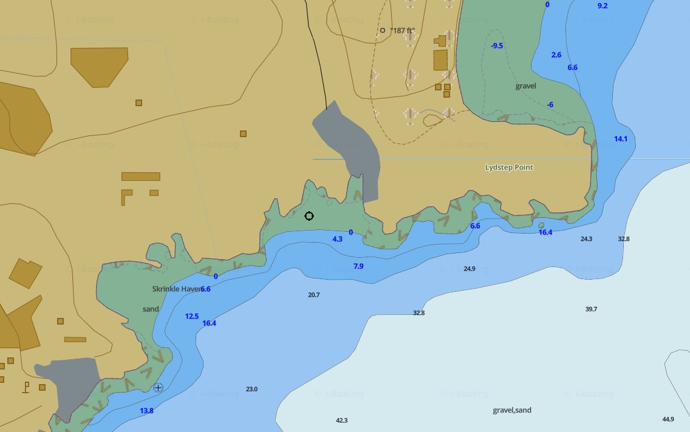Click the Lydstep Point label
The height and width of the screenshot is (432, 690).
tap(509, 167)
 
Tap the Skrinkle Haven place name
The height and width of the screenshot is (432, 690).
tap(176, 289)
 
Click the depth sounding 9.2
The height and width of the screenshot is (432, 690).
tap(602, 5)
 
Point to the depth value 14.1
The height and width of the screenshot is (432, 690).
tap(620, 139)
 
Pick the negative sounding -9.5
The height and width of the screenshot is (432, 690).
tap(497, 46)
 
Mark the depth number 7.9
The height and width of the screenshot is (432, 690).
tap(358, 266)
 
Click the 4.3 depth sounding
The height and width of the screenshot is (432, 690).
tap(337, 239)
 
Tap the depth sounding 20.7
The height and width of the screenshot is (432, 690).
tap(313, 295)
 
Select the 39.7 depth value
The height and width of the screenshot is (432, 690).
tap(591, 309)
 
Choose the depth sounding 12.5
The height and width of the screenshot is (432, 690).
tap(192, 316)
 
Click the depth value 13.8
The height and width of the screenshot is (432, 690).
tap(146, 411)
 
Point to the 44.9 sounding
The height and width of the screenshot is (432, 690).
tap(668, 419)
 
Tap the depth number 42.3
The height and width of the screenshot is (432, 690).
tap(342, 420)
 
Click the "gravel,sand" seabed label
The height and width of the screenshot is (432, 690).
tap(512, 410)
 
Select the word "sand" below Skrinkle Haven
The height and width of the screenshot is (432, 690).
tap(151, 309)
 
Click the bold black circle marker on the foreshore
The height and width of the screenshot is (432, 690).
tap(309, 216)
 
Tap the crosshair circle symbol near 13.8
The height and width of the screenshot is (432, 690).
tap(159, 387)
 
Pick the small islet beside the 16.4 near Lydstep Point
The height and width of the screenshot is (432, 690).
tap(541, 225)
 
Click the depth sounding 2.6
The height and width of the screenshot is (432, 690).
tap(556, 55)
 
